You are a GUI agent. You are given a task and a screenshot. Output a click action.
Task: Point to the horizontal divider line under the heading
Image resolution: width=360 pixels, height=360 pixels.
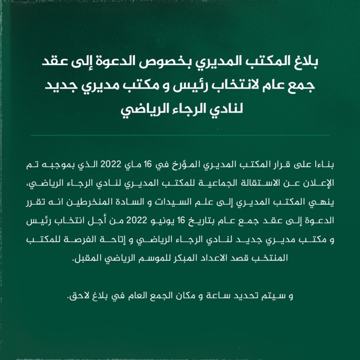point(180,135)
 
